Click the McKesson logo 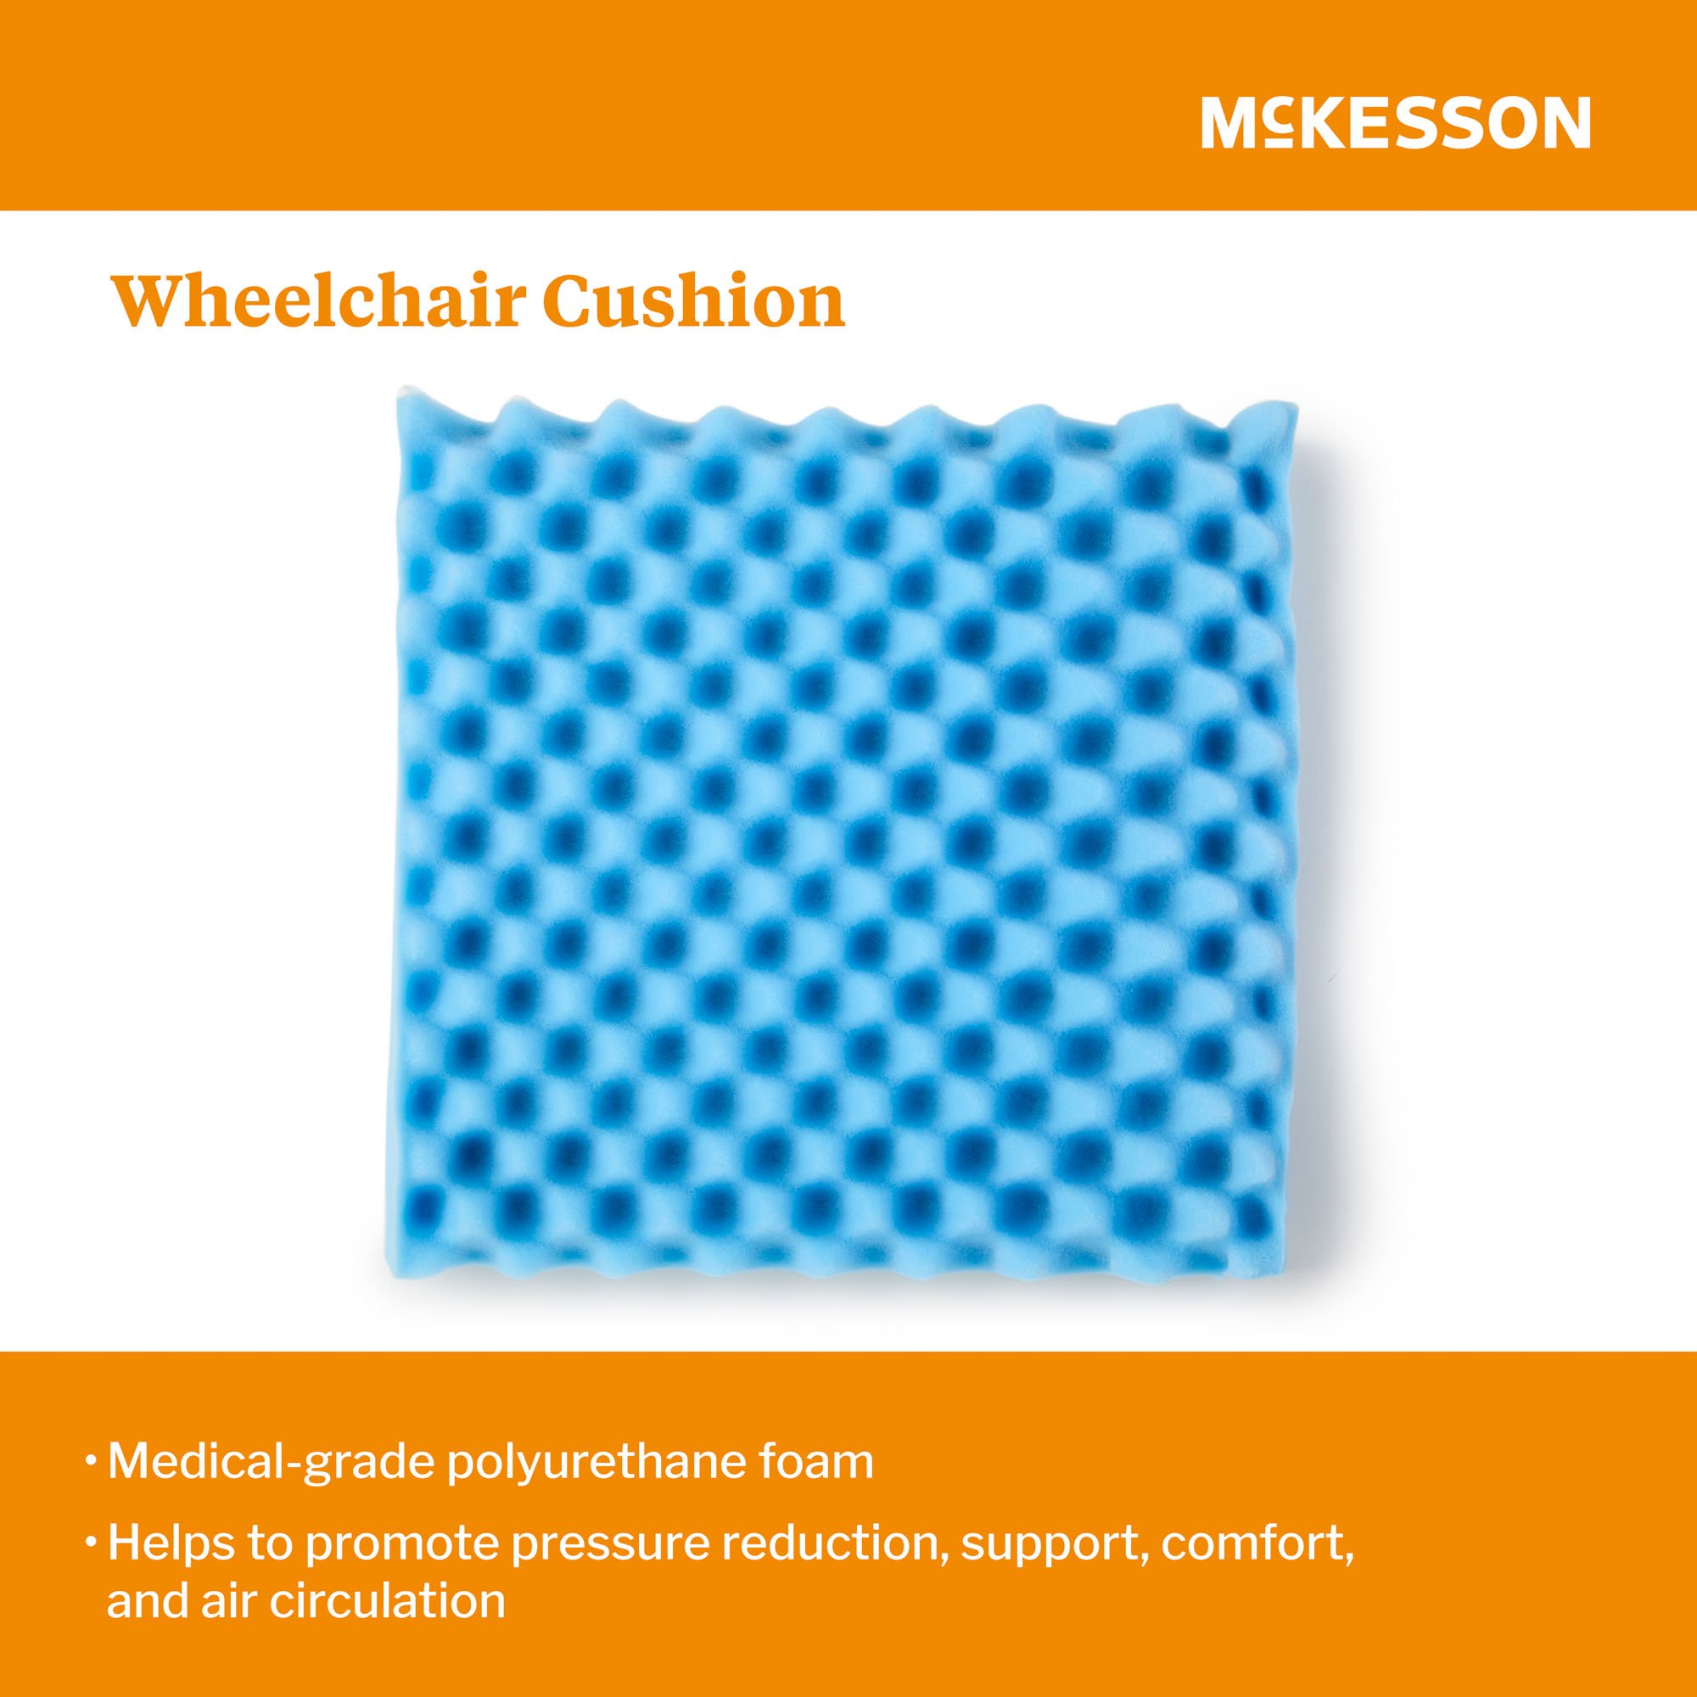1395,124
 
